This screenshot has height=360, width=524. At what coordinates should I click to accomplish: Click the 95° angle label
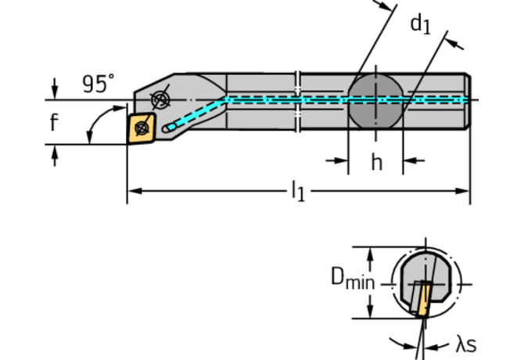click(x=99, y=83)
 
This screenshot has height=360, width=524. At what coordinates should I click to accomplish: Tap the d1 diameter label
click(x=421, y=25)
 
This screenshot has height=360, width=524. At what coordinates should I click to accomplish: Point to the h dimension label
click(x=376, y=162)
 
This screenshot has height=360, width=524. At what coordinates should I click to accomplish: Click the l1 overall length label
click(x=298, y=190)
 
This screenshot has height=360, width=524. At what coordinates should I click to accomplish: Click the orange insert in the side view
click(x=142, y=126)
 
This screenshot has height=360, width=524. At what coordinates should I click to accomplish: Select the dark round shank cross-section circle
click(x=375, y=100)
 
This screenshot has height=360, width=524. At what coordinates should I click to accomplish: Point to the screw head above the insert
click(x=161, y=99)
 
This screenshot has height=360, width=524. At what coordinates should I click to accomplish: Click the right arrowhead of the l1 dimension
click(x=465, y=190)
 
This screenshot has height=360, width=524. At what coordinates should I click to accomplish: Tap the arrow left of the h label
click(x=341, y=161)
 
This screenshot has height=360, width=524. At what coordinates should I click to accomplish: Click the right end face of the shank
click(x=469, y=100)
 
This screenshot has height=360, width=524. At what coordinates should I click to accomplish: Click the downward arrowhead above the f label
click(x=54, y=94)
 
